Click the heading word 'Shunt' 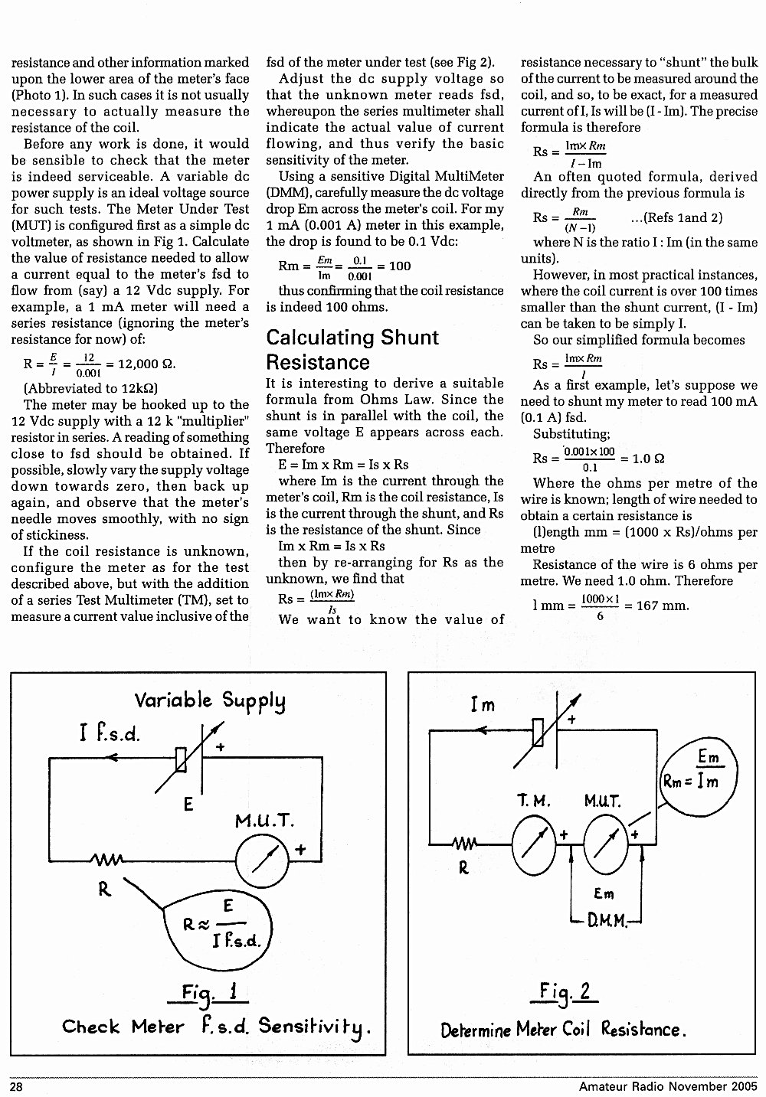coord(410,338)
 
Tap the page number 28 coord(16,1087)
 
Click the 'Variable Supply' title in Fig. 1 coord(210,701)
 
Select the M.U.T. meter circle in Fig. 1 coord(262,860)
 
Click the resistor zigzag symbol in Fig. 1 coord(106,860)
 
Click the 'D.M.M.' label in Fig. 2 coord(607,922)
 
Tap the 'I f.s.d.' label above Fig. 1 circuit coord(110,733)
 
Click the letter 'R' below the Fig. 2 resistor coord(463,868)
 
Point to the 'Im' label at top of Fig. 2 coord(483,705)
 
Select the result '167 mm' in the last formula coord(663,606)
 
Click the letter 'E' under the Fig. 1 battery coord(188,804)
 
